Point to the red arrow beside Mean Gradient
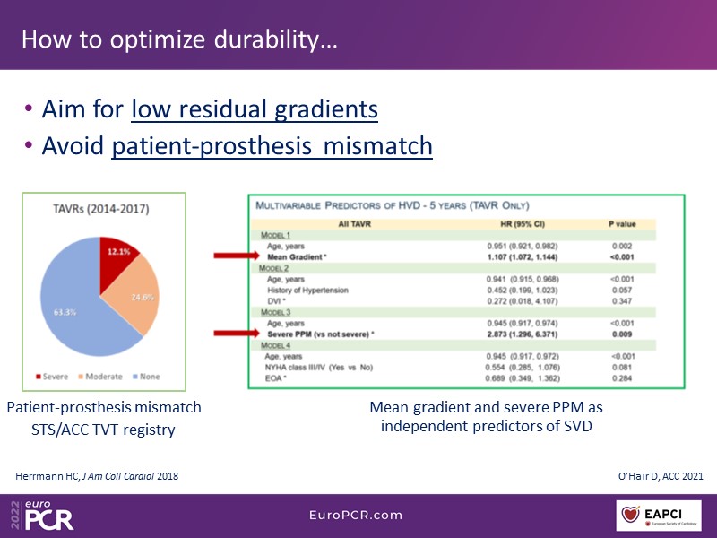[235, 256]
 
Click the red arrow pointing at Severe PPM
[235, 333]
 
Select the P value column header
[624, 223]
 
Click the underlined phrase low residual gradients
[255, 110]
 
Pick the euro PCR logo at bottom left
[43, 515]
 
